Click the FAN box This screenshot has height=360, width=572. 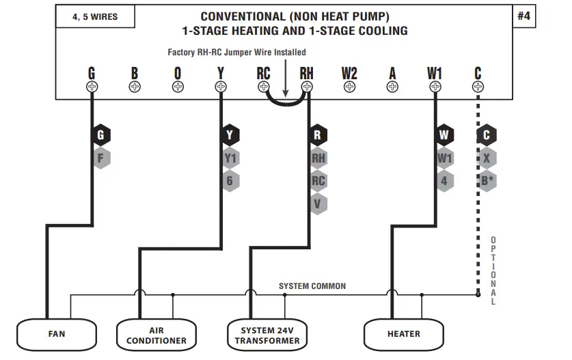57,334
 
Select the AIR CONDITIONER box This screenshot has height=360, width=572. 156,334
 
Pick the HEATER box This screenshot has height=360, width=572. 403,334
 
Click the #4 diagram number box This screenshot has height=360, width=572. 524,16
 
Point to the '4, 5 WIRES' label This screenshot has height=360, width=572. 95,17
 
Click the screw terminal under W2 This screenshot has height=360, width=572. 349,87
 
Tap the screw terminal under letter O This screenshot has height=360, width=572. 178,87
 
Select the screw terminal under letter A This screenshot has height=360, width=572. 392,87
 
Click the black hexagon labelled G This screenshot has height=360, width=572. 100,135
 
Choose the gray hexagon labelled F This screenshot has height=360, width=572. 100,158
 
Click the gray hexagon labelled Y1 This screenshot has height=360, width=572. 230,158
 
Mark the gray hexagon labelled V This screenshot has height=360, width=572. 318,204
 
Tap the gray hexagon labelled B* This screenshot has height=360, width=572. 486,181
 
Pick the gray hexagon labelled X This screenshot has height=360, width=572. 486,158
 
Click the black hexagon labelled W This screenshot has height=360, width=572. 444,135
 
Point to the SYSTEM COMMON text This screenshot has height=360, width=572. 312,286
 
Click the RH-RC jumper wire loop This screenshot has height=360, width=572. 285,103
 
